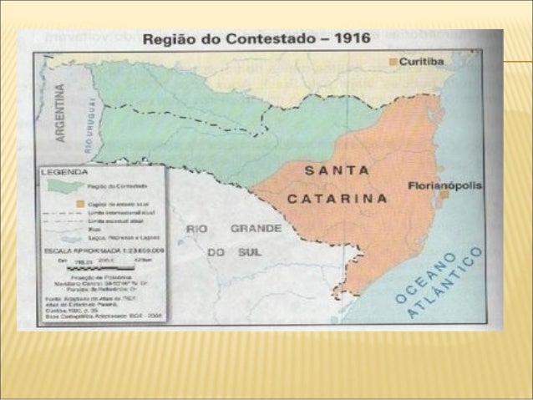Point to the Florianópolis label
444,185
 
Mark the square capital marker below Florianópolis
445,195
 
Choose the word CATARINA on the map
338,199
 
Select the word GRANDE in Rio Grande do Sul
256,227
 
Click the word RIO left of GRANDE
197,227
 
